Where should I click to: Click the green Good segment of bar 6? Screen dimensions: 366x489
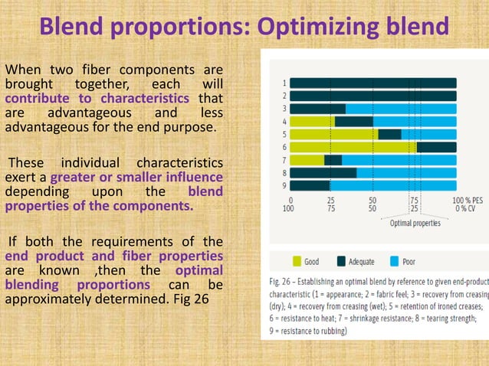click(353, 147)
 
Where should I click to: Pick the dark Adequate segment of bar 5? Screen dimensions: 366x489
click(389, 134)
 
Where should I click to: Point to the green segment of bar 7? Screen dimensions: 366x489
click(307, 160)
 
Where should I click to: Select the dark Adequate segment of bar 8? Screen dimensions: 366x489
click(323, 173)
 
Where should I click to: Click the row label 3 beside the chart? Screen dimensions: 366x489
click(284, 109)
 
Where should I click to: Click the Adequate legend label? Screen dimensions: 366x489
click(361, 262)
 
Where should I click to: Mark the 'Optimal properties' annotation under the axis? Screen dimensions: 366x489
click(415, 224)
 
